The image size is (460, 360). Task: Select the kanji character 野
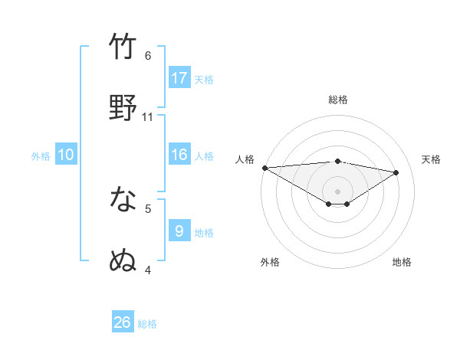tap(123, 108)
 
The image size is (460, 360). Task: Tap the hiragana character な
tap(123, 200)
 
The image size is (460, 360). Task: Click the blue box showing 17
tap(179, 78)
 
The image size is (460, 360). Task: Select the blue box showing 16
tap(179, 155)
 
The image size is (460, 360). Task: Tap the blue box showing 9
tap(179, 231)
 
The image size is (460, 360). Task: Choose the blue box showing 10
tap(66, 155)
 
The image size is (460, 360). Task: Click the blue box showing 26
tap(123, 322)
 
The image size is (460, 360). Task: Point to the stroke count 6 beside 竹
tap(148, 55)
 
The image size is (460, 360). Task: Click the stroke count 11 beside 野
tap(148, 116)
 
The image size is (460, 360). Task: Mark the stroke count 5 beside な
tap(148, 208)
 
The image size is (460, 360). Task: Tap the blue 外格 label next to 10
tap(41, 155)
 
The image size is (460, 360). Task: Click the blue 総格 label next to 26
tap(147, 324)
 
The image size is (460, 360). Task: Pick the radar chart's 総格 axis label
tap(337, 100)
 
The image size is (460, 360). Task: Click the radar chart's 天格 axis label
tap(431, 159)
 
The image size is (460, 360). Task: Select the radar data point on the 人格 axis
tap(264, 168)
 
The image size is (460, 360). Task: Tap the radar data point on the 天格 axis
tap(396, 172)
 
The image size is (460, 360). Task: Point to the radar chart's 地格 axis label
tap(402, 262)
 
